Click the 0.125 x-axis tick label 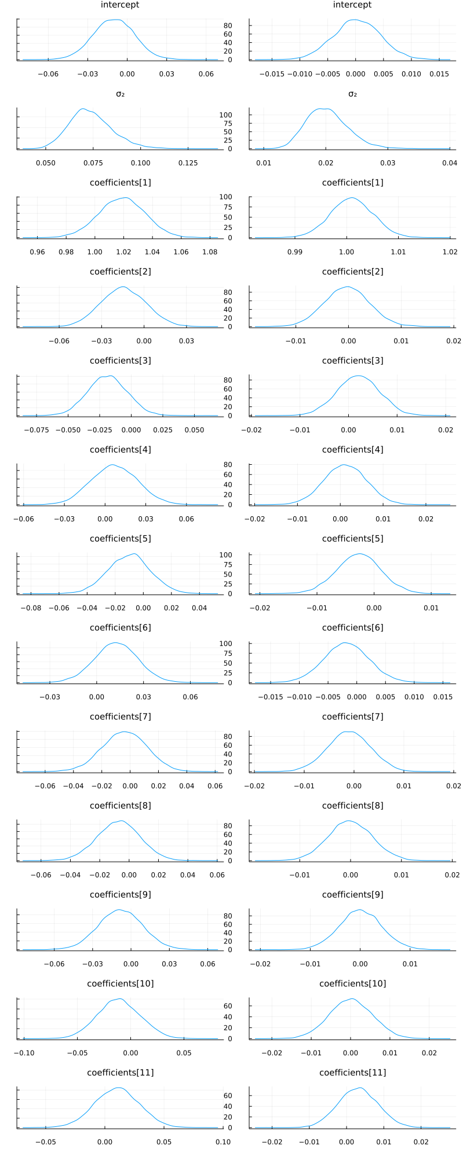coord(188,163)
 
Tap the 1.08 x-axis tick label coord(210,252)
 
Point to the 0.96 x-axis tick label coord(37,252)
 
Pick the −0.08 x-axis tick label coord(31,608)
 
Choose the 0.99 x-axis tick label coord(295,252)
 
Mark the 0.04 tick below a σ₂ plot coord(450,163)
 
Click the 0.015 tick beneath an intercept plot coord(439,74)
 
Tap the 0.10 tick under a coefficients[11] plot coord(223,1142)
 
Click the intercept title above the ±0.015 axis coord(352,5)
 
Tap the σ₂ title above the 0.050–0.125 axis coord(120,94)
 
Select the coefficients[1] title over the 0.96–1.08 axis coord(120,183)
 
